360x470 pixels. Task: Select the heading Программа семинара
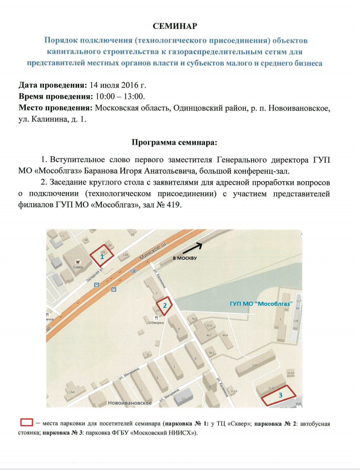pyautogui.click(x=175, y=142)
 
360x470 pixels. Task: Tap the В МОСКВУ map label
pyautogui.click(x=184, y=258)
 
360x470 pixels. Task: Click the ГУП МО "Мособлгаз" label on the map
pyautogui.click(x=265, y=303)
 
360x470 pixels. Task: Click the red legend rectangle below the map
pyautogui.click(x=26, y=422)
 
